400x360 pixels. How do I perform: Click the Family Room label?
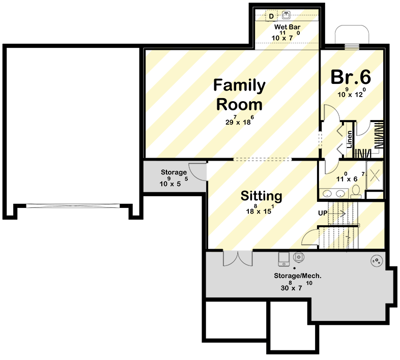coord(239,95)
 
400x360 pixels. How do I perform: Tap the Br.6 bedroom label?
coord(351,77)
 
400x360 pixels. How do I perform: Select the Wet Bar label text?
coord(287,26)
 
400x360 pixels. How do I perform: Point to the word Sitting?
coord(262,196)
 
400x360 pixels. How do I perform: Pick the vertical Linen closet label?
coord(350,138)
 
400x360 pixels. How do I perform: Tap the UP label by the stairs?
coord(322,212)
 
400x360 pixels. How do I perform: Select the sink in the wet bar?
coord(287,16)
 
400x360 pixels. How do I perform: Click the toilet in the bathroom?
coord(356,191)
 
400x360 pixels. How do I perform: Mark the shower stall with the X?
coord(375,174)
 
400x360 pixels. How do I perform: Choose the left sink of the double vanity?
coord(327,193)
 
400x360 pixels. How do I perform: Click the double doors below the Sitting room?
coord(238,258)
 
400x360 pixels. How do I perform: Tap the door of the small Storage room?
coord(197,170)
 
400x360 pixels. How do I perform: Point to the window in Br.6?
coord(351,47)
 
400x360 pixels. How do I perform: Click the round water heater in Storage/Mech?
coord(377,261)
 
